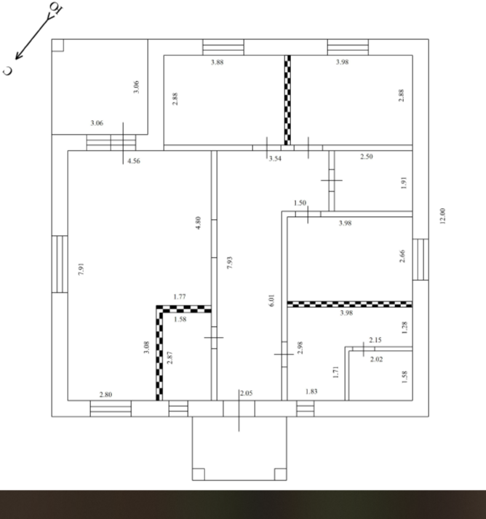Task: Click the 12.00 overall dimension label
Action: (x=442, y=215)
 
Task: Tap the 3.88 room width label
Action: (x=218, y=62)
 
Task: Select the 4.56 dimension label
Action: (x=134, y=161)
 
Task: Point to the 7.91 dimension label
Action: (x=81, y=269)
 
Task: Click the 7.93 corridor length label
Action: (x=230, y=263)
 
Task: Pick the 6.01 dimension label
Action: (x=271, y=300)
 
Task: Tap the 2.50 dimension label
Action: (x=367, y=157)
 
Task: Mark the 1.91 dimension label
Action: (x=403, y=183)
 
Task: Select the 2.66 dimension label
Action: (x=402, y=255)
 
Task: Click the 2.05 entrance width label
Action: (x=246, y=393)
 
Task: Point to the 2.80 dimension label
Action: (x=106, y=395)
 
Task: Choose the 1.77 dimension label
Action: (x=180, y=296)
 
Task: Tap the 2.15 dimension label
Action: (x=375, y=340)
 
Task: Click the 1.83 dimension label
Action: (x=311, y=392)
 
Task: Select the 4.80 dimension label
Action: (x=198, y=223)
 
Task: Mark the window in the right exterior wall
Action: (x=421, y=259)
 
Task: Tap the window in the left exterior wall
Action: (x=60, y=264)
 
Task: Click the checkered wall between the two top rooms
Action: (x=287, y=100)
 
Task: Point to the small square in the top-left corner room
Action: (x=58, y=45)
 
